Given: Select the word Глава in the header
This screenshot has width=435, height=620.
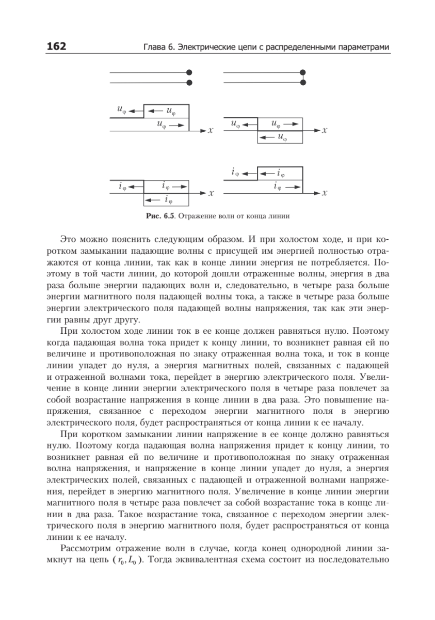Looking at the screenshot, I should [154, 48].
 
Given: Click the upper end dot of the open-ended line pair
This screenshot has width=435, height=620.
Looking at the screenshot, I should [189, 72].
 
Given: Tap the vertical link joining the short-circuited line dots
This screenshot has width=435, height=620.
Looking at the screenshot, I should [303, 78].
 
